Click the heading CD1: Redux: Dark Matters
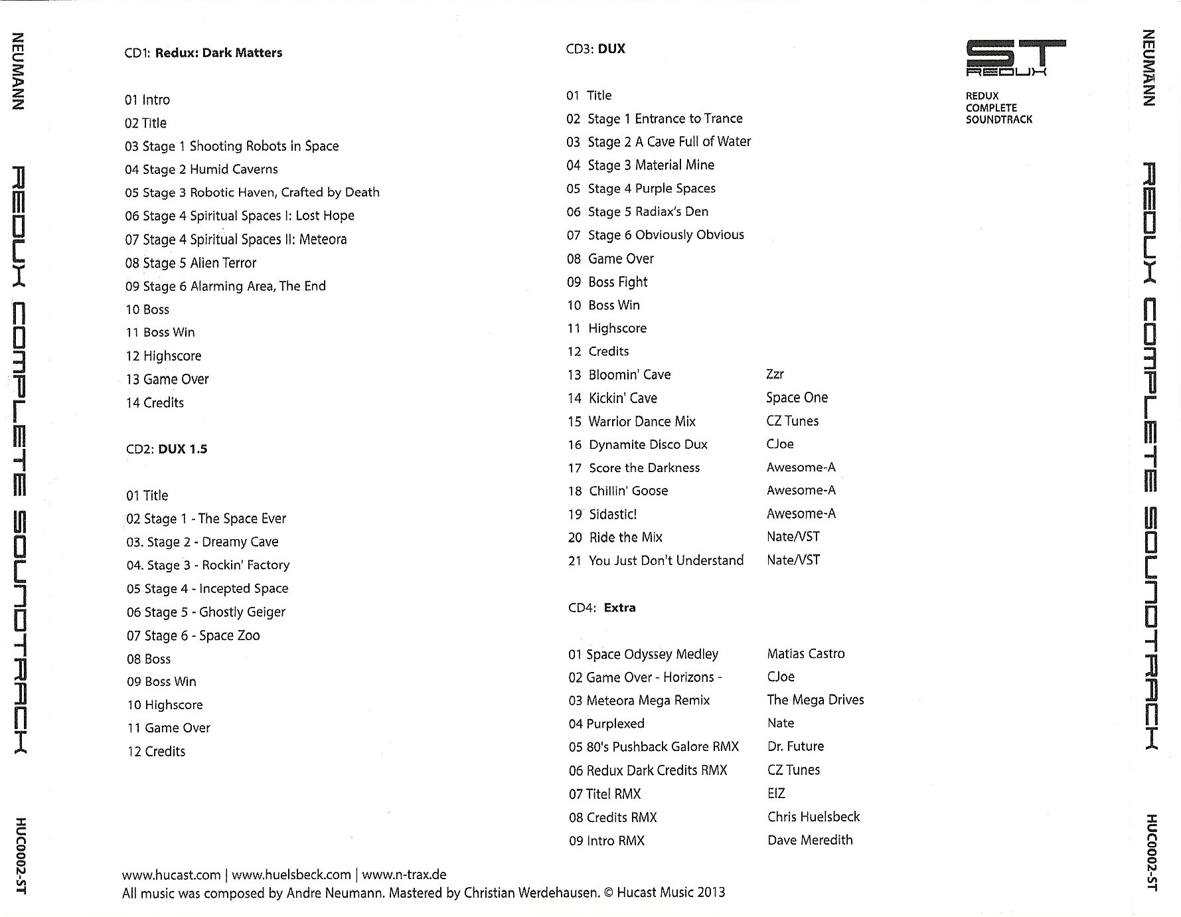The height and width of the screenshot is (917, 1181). [203, 53]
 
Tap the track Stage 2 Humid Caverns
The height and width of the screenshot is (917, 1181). [201, 169]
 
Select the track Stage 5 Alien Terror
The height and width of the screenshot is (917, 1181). [191, 263]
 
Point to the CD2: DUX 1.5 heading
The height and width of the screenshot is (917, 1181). [167, 450]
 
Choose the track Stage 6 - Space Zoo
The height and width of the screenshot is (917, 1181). [193, 635]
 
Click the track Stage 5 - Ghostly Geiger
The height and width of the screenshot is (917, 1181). [206, 612]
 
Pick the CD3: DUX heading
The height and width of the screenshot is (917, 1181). [595, 49]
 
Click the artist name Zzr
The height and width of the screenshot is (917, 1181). [775, 375]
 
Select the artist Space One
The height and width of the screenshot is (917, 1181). [797, 398]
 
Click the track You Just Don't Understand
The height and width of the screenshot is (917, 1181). [655, 560]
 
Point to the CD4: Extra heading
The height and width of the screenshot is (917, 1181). [601, 608]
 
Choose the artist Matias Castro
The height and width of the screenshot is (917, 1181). [806, 654]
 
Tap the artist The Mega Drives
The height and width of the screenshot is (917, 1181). [815, 700]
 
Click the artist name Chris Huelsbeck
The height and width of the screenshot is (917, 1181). [813, 817]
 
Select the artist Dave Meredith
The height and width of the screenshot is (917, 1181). [810, 840]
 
